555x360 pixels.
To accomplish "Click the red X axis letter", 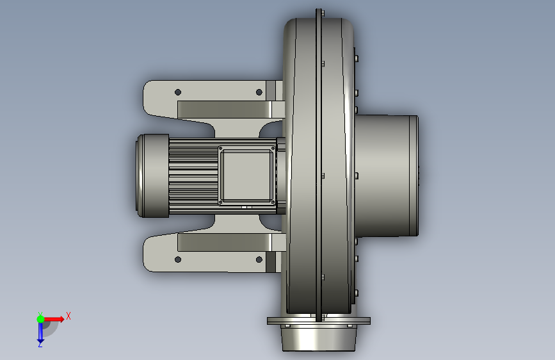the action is [x=68, y=316].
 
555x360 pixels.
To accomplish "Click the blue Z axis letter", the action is [x=40, y=344].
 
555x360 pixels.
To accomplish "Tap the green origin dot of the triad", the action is [x=41, y=319].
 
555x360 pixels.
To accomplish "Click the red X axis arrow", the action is [x=54, y=319].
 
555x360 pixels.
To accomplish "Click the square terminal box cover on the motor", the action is [x=246, y=176].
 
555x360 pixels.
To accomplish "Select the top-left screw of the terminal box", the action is [x=221, y=149].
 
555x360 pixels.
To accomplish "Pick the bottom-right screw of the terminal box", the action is [x=273, y=202].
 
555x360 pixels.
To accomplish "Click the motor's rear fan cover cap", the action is [x=153, y=176].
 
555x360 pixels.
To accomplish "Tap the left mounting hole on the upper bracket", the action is [x=178, y=92].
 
